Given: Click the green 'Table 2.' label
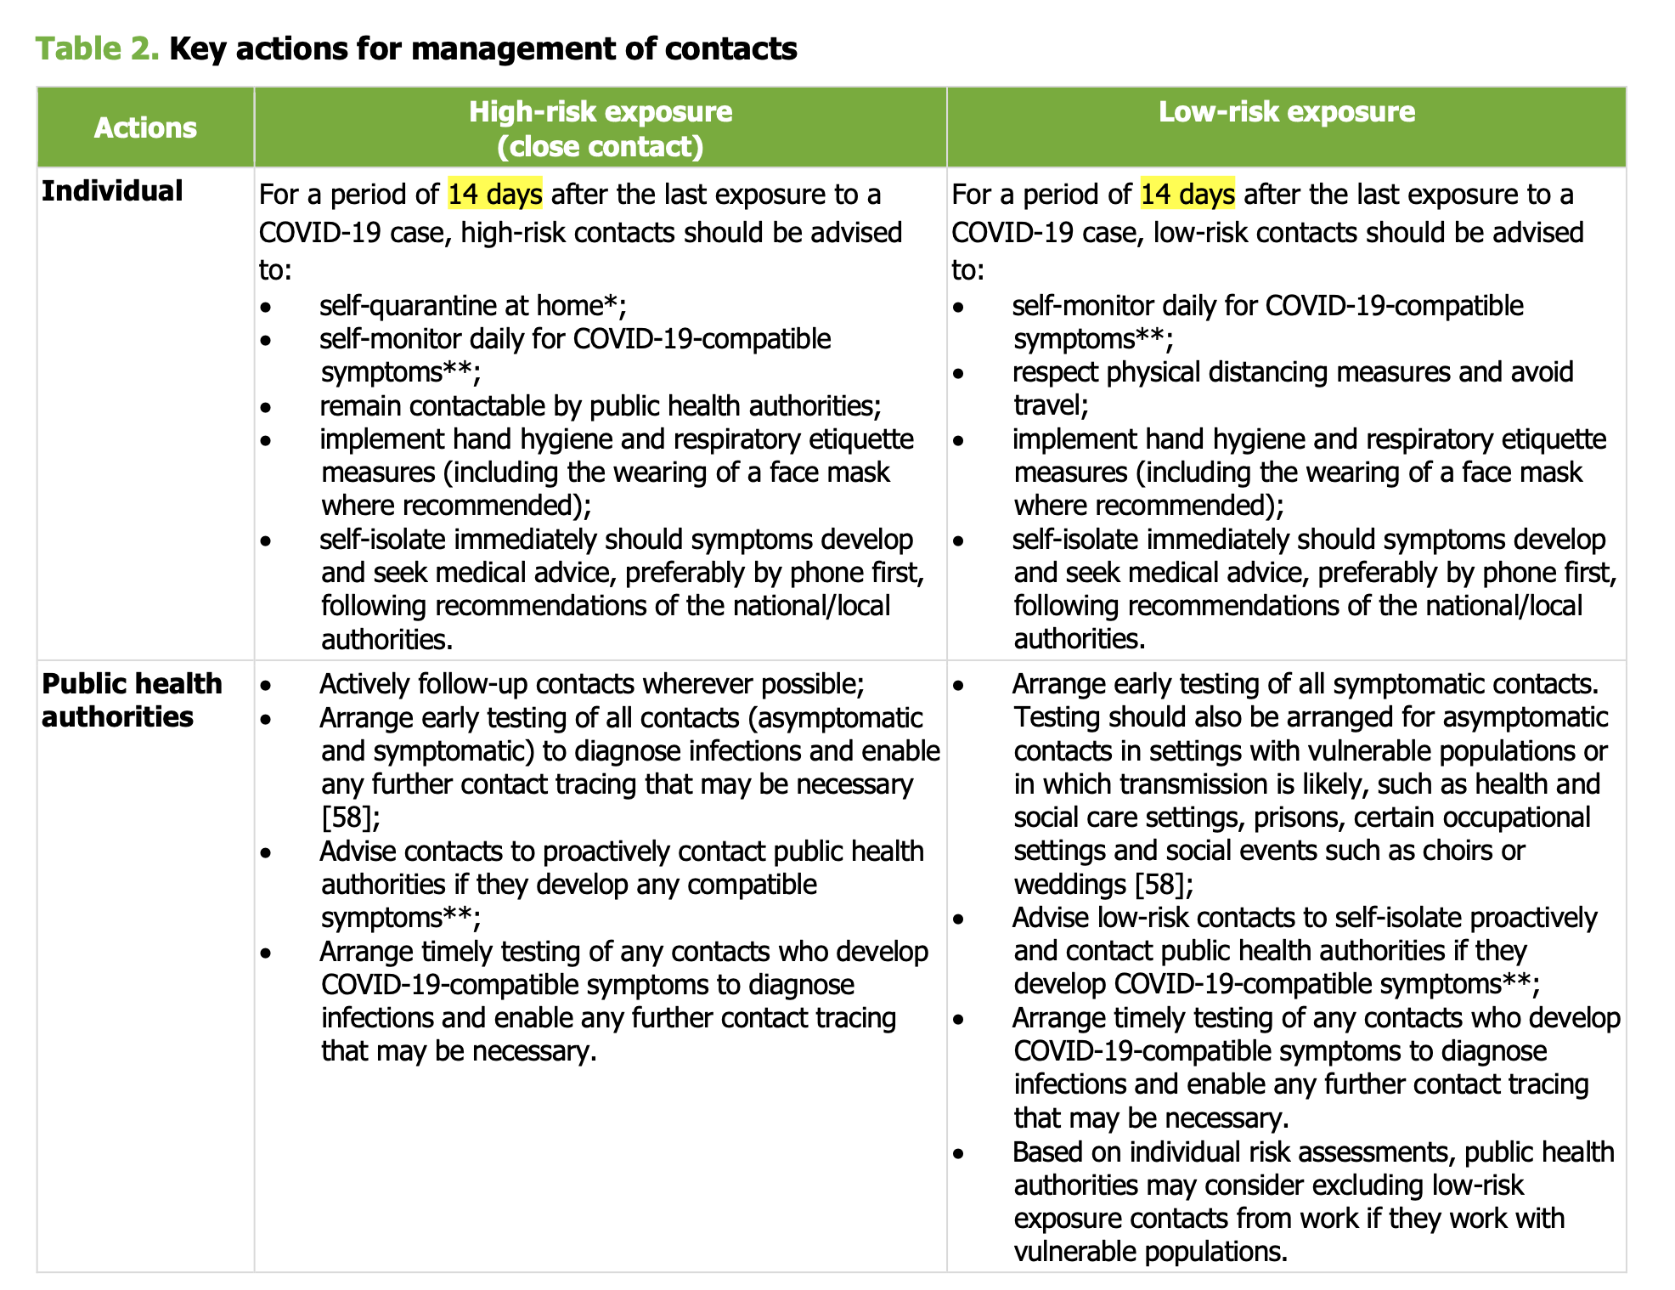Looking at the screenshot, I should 97,48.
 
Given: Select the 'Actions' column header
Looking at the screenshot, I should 145,127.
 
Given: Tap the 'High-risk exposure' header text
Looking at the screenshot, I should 601,111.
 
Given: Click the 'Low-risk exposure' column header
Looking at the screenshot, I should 1286,111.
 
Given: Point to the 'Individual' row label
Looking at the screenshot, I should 112,190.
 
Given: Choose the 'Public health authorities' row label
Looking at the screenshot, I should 132,699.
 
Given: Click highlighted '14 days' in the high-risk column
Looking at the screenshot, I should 495,195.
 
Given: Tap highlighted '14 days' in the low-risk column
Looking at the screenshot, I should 1187,195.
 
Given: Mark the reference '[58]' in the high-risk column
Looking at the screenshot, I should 347,817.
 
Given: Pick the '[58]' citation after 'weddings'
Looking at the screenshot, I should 1159,884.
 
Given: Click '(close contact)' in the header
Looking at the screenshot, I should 601,146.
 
